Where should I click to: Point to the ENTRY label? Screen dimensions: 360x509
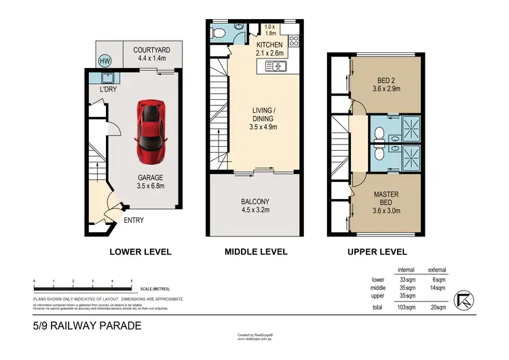tap(134, 220)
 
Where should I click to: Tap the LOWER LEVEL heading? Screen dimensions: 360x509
tap(140, 252)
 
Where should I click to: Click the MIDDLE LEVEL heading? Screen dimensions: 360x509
tap(256, 252)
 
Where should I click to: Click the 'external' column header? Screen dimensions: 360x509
tap(437, 270)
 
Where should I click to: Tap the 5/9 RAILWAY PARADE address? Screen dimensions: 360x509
tap(87, 326)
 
